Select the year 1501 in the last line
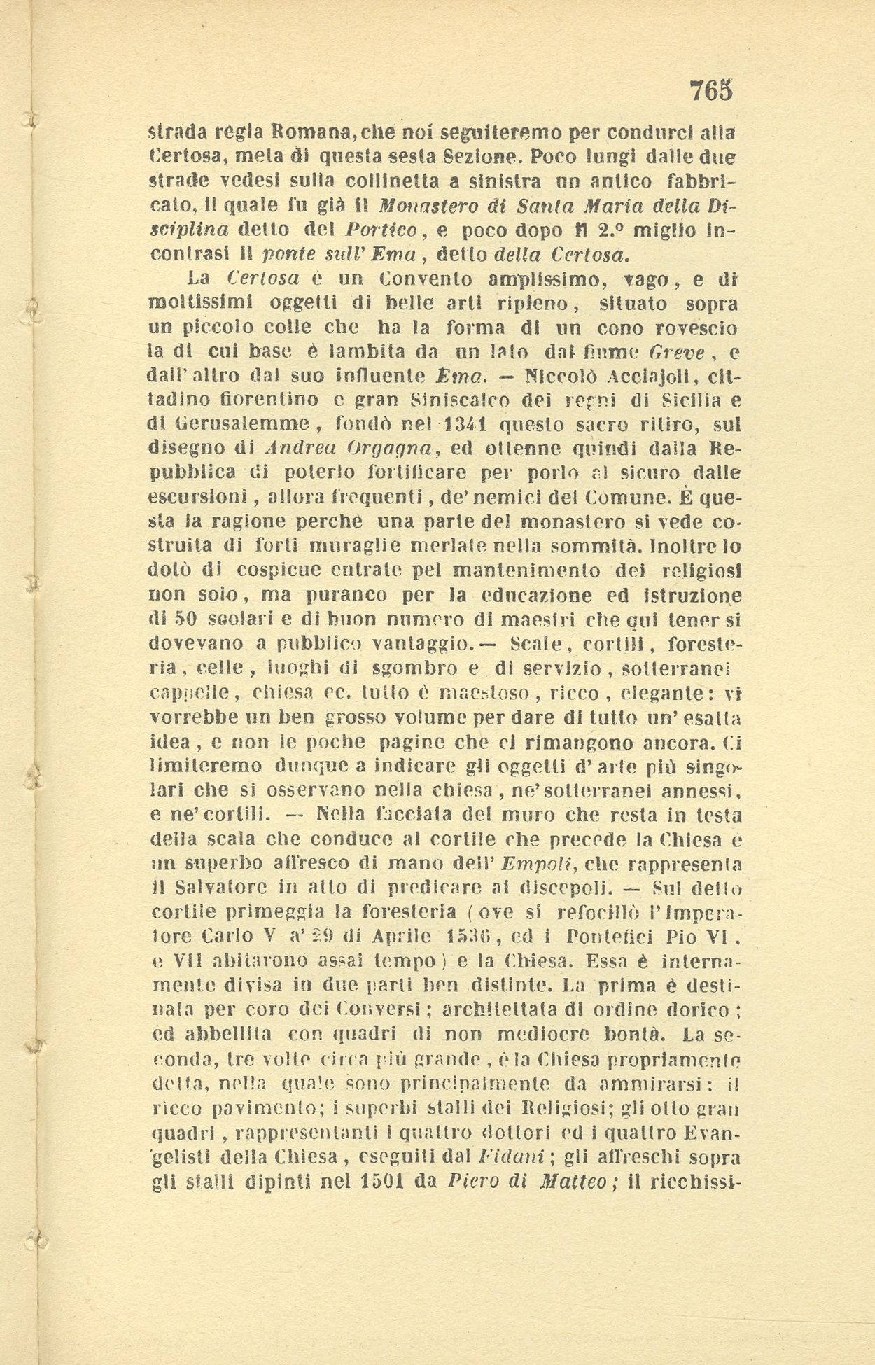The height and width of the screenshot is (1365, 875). (x=388, y=1181)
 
